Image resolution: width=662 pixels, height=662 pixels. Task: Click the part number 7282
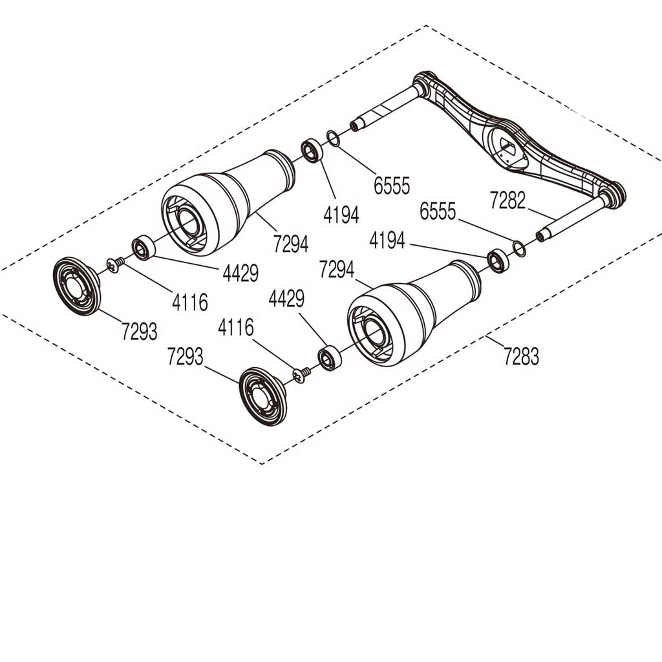(x=507, y=200)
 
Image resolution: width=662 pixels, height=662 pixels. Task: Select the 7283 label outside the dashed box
(x=522, y=356)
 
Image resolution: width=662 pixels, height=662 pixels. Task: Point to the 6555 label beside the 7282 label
(x=438, y=211)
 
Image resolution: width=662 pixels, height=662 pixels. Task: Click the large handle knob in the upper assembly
(x=228, y=202)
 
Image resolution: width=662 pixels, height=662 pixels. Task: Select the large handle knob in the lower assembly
(x=414, y=313)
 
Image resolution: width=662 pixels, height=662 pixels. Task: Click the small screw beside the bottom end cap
(x=301, y=374)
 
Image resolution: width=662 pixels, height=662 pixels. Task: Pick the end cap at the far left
(x=77, y=286)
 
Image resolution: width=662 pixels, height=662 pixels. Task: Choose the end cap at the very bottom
(x=262, y=396)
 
